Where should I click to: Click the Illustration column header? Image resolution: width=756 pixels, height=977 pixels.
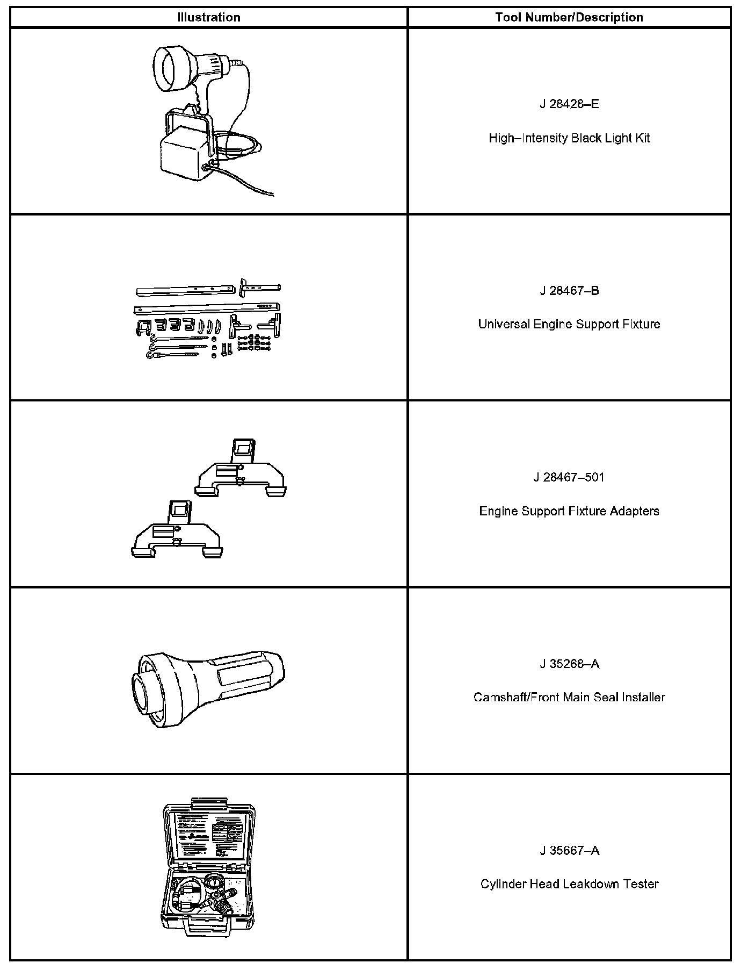(209, 17)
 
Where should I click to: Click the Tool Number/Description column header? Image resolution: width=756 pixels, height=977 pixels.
(569, 17)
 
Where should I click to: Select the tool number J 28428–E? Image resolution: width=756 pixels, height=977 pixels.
(569, 104)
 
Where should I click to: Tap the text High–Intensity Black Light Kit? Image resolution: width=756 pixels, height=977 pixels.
(569, 138)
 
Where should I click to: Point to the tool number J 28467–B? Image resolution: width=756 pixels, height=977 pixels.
(569, 291)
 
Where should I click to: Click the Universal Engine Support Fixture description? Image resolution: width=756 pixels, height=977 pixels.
(569, 324)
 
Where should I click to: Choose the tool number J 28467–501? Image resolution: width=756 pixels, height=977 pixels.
(569, 477)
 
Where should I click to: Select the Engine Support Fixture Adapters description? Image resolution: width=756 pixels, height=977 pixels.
(569, 511)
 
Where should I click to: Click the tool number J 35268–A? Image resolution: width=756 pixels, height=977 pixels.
(569, 664)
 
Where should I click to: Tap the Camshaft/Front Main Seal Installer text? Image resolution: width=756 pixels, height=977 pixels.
(569, 698)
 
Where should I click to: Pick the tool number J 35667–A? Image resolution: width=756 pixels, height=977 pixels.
(569, 851)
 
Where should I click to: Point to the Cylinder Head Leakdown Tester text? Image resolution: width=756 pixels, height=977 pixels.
(569, 884)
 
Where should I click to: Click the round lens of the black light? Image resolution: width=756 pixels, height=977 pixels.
(170, 68)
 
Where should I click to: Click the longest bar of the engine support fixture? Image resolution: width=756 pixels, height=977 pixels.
(207, 308)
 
